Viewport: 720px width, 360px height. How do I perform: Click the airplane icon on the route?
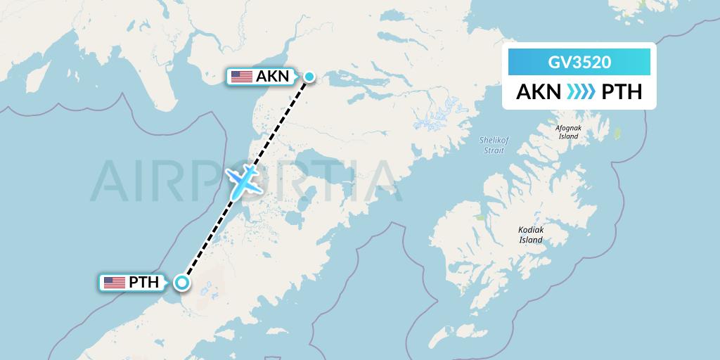[243, 181]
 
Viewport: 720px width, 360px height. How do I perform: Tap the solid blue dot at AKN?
[309, 77]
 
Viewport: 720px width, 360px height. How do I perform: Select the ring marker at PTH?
[182, 283]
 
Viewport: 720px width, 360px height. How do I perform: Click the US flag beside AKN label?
[241, 77]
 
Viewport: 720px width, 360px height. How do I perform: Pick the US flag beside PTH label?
[114, 283]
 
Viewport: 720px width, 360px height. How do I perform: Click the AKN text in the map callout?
[273, 77]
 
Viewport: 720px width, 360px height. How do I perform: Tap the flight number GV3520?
[579, 63]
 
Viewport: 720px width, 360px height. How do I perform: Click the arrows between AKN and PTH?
[579, 92]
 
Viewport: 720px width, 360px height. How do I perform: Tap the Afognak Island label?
[568, 131]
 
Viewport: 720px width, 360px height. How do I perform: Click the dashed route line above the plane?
[281, 120]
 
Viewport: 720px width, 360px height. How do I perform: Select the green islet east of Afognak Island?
[619, 133]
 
